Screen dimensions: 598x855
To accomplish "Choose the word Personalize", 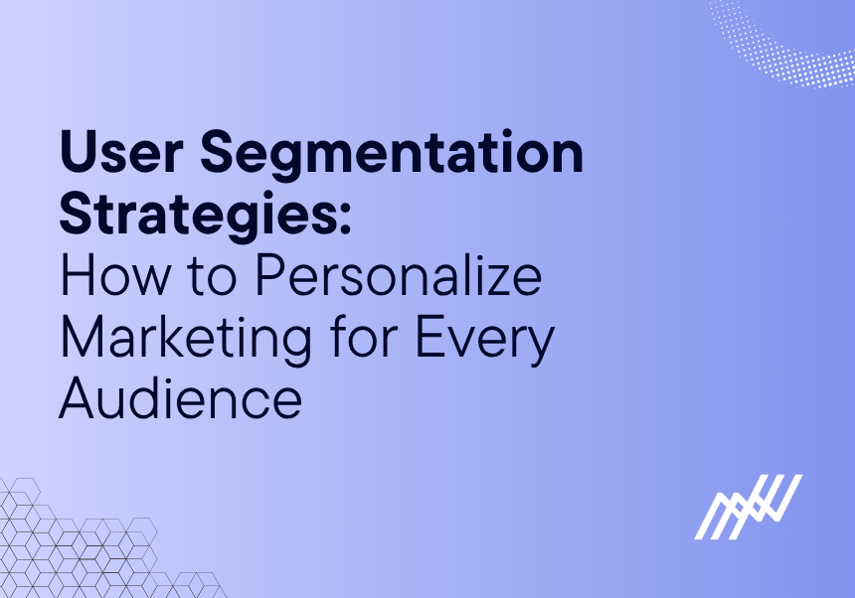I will click(x=398, y=279).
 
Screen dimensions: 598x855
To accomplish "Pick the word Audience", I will click(x=181, y=398).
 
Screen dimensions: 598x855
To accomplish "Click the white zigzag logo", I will click(x=748, y=507).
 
